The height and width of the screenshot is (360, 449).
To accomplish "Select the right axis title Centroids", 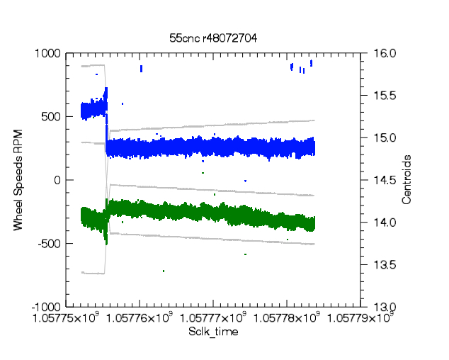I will coord(407,180).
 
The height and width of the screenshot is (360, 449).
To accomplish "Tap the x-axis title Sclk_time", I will coord(212,332).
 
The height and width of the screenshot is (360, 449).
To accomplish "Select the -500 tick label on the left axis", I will coord(51,244).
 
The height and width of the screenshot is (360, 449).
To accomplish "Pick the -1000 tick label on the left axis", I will coord(48,307).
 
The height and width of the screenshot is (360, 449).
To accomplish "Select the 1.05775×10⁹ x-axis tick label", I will coord(65,318).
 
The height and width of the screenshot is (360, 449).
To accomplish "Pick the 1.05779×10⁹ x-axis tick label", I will coord(360,318).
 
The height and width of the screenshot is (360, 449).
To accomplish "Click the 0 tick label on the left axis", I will coord(58,180).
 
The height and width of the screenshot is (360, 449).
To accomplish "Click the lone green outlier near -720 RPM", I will coord(164,271).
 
